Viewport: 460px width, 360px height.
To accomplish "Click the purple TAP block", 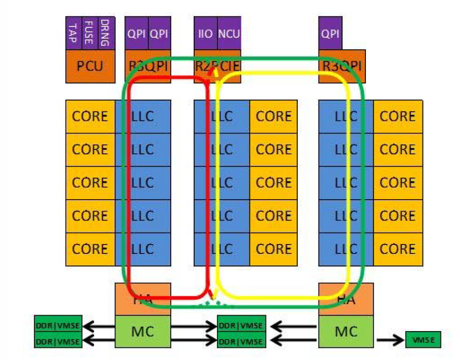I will click(x=73, y=33).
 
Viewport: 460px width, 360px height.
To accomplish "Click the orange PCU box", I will click(x=90, y=66).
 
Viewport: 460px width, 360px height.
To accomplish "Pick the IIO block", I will click(x=205, y=33).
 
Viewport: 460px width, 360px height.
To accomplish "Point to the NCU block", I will click(x=229, y=33).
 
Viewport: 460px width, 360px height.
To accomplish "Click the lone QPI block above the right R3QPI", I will click(x=330, y=33).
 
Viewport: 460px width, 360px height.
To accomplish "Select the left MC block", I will click(x=143, y=331).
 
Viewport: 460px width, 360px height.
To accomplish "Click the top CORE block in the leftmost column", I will click(x=90, y=117).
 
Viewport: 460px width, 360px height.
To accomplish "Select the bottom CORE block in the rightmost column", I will click(x=397, y=249).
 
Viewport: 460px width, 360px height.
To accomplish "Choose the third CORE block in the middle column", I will click(x=273, y=183).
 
